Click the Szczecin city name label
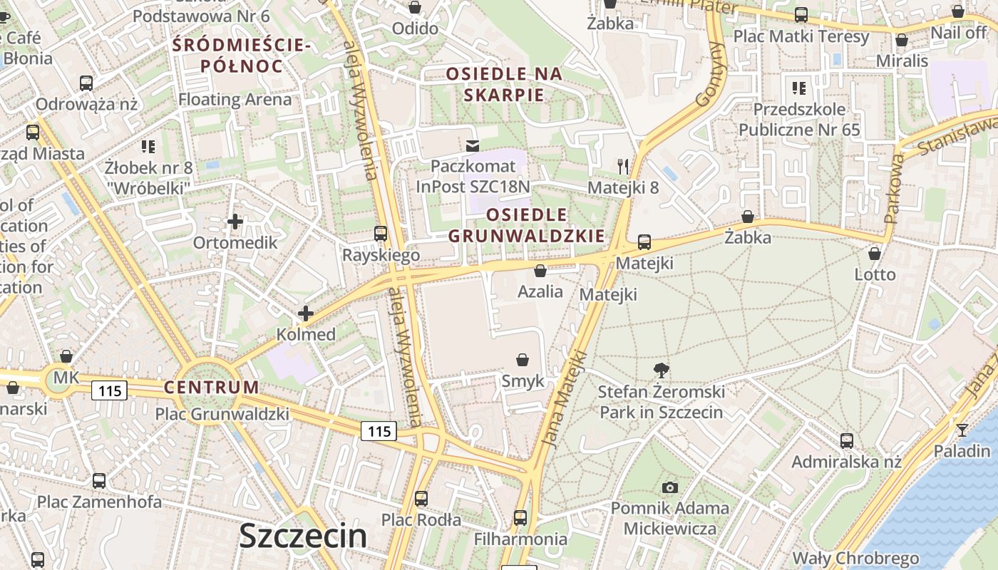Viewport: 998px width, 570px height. tap(303, 536)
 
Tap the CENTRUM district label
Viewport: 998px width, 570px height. tap(212, 388)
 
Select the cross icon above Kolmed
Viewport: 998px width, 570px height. tap(306, 313)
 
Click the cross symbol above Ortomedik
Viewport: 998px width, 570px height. tap(235, 222)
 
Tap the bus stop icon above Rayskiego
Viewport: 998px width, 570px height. tap(381, 234)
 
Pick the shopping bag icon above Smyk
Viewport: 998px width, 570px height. tap(523, 360)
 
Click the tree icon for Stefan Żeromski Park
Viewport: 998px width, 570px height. tap(661, 370)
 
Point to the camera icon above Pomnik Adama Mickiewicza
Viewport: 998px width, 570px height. tap(669, 487)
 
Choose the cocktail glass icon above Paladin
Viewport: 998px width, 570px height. tap(962, 430)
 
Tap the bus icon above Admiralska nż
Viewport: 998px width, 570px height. tap(846, 440)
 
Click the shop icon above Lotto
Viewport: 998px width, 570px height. tap(875, 253)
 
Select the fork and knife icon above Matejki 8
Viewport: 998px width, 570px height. tap(623, 167)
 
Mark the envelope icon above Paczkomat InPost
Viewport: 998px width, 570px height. tap(472, 146)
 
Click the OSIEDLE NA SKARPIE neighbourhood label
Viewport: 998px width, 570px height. tap(504, 84)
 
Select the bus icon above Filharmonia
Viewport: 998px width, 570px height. tap(520, 517)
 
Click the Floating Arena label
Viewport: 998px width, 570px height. tap(235, 99)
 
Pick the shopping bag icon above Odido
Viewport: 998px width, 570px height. tap(415, 8)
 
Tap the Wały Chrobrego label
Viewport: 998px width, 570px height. tap(855, 558)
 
